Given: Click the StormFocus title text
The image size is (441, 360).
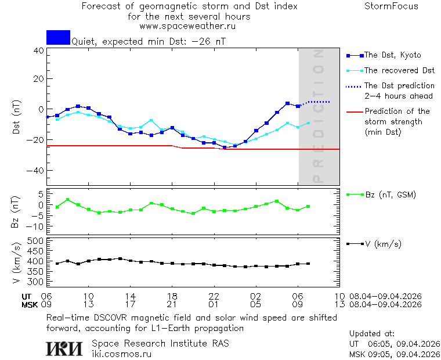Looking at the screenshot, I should (x=391, y=7).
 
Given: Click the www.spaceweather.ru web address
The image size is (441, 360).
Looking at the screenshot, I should (x=187, y=26).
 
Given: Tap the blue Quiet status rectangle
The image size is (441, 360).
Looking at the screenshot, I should (x=58, y=37).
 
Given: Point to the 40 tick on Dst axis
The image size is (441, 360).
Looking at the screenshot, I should (x=39, y=51).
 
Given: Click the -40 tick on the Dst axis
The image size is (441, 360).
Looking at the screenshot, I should (x=36, y=171).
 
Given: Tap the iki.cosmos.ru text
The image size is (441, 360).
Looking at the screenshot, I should (x=121, y=354).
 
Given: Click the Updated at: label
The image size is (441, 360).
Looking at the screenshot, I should (x=371, y=334).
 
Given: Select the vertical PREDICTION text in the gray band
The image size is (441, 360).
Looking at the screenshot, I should (x=318, y=116).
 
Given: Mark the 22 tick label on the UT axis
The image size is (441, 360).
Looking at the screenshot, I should (x=214, y=296).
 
